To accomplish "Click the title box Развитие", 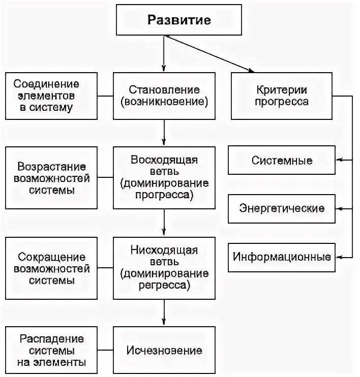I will (x=179, y=20).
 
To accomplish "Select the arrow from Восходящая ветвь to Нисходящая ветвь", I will (x=164, y=222).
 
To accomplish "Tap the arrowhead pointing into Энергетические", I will (x=340, y=208).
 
